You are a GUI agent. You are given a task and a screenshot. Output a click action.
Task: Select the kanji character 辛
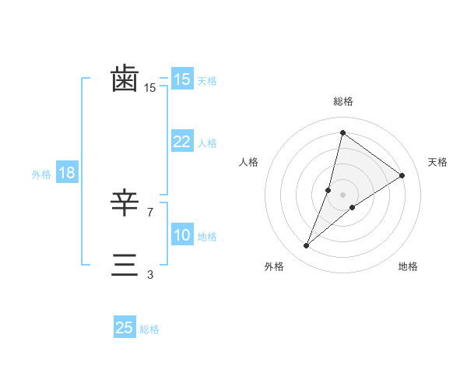[125, 204]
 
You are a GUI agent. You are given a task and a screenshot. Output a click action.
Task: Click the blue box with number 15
[181, 79]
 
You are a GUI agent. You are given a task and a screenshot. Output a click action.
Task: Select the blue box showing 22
[181, 142]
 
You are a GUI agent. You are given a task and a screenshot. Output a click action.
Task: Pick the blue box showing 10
[181, 235]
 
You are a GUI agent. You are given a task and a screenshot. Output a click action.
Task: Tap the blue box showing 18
[67, 173]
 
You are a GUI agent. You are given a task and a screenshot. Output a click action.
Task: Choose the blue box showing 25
[125, 328]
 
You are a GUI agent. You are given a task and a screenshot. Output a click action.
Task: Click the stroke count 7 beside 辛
[150, 212]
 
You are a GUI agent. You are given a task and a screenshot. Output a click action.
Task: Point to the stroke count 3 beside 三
[150, 274]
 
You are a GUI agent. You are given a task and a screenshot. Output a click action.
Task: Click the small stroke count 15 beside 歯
[150, 88]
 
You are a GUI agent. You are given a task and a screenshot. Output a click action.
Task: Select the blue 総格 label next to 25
[149, 329]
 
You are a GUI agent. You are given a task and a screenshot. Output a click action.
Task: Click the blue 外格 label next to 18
[41, 174]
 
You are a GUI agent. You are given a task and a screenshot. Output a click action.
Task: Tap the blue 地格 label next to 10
[207, 237]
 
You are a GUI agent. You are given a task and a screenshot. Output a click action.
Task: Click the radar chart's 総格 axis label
[342, 101]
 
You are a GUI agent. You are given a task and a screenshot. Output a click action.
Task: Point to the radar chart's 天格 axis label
[438, 162]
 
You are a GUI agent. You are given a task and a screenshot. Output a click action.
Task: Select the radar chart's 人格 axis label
[248, 162]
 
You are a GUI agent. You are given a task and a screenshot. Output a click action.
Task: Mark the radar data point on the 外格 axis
[307, 246]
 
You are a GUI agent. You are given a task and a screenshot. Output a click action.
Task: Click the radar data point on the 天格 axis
[402, 175]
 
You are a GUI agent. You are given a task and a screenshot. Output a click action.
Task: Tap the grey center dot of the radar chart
[342, 195]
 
